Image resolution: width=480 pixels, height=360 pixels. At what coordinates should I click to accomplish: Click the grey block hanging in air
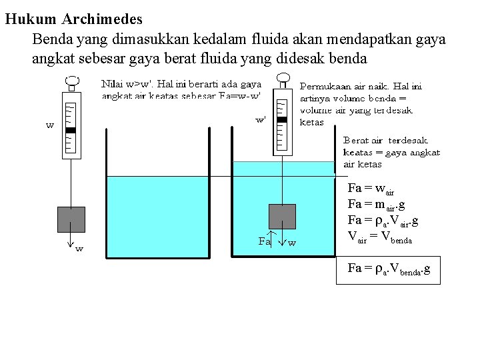[x=71, y=219]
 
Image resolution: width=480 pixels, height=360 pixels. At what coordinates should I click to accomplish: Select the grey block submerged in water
[x=282, y=217]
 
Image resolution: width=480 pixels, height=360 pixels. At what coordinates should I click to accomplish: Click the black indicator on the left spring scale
[x=71, y=130]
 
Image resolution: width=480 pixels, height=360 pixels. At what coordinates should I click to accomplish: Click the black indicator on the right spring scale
[x=282, y=119]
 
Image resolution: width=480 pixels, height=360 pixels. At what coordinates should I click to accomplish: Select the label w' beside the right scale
[x=261, y=120]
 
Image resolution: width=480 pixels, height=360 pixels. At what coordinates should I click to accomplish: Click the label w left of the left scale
[x=50, y=125]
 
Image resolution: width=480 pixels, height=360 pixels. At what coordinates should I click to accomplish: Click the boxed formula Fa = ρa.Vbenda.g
[x=389, y=269]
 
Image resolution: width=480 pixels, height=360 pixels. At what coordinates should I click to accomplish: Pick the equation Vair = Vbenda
[x=380, y=236]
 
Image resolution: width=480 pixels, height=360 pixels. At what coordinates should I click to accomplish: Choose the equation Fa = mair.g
[x=377, y=205]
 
